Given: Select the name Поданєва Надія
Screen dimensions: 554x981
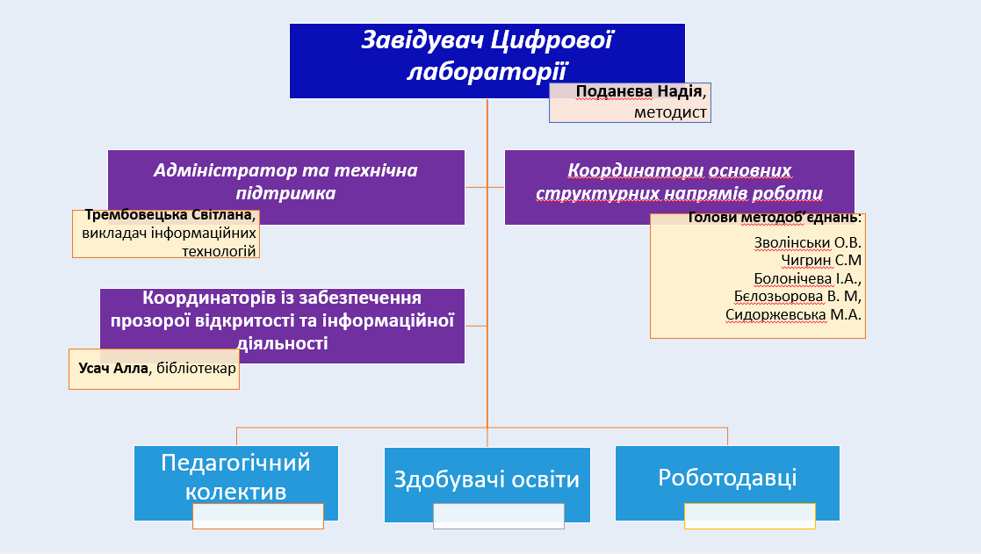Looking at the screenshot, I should (x=639, y=91).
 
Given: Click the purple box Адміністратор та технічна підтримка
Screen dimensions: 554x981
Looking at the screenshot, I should (x=285, y=180).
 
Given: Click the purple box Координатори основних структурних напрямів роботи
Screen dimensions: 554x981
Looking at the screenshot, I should (x=678, y=182).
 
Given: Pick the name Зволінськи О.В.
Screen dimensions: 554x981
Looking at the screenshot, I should (x=807, y=242).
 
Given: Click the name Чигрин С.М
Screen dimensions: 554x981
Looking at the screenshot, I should (x=820, y=260).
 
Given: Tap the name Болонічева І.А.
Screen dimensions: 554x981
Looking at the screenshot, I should (x=807, y=278).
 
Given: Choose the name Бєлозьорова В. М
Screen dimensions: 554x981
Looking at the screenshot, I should (x=797, y=296).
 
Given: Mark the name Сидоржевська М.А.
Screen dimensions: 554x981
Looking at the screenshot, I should (x=793, y=314).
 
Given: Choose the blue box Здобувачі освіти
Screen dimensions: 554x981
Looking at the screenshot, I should (x=487, y=481).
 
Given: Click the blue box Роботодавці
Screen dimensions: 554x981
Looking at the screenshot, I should (x=727, y=477).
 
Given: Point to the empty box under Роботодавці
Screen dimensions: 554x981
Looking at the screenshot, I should (x=749, y=515).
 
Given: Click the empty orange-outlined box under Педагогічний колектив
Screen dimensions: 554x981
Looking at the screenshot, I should (x=257, y=516).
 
